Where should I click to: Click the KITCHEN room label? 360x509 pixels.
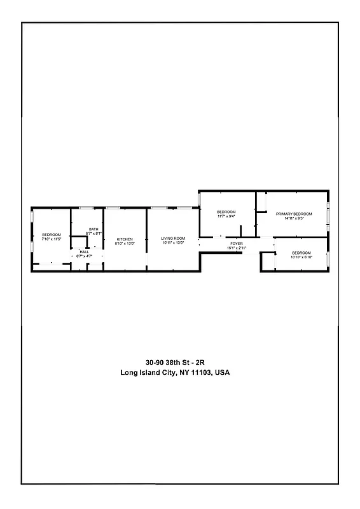click(x=124, y=239)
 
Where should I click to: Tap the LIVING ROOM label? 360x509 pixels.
click(x=173, y=239)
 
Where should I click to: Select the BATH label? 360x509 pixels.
click(x=93, y=230)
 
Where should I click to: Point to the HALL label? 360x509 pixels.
click(x=84, y=252)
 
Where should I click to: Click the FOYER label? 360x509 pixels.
click(x=236, y=243)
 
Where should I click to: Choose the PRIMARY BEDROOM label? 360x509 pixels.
click(x=294, y=214)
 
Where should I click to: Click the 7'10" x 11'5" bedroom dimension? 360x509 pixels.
click(x=52, y=239)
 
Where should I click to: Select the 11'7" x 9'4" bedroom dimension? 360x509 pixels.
click(x=226, y=216)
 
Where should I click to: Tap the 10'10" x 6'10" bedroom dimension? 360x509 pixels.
click(x=302, y=257)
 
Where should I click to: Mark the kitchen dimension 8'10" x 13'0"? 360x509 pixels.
click(x=124, y=244)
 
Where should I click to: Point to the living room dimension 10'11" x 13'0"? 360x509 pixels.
click(x=173, y=243)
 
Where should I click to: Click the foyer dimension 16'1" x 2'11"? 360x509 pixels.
click(x=236, y=248)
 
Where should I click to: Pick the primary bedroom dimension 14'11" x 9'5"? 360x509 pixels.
click(x=294, y=218)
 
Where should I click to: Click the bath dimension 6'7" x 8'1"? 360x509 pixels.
click(x=93, y=234)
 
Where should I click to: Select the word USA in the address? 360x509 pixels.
click(x=222, y=373)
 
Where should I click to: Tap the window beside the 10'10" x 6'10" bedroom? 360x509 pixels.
click(x=328, y=259)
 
